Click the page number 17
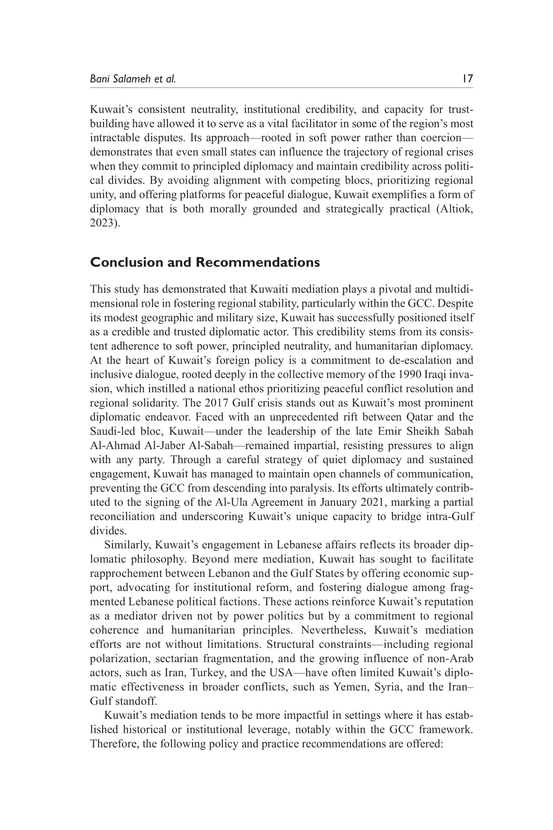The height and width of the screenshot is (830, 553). pos(467,79)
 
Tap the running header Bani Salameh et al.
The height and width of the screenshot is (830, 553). pos(132,79)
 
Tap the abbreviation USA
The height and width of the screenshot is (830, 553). pos(279,673)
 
